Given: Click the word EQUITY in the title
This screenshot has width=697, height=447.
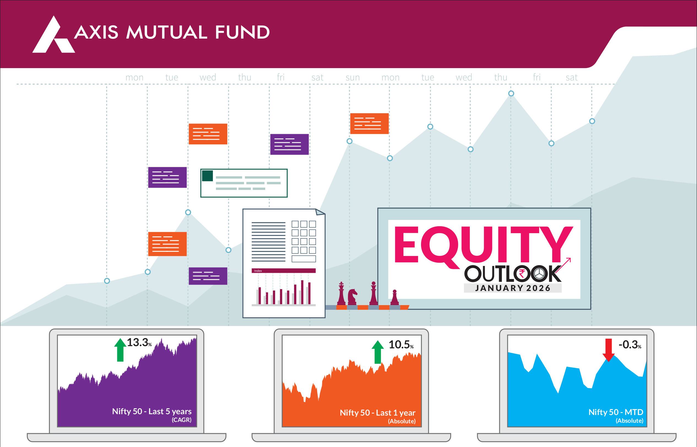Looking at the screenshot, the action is pyautogui.click(x=484, y=245).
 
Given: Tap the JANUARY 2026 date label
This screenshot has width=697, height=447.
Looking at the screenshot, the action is pyautogui.click(x=512, y=288).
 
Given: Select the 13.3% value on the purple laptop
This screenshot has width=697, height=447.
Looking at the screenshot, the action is pyautogui.click(x=139, y=343).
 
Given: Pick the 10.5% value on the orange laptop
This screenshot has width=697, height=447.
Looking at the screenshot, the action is pyautogui.click(x=401, y=344).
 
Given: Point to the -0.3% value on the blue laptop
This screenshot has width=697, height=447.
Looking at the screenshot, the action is pyautogui.click(x=630, y=344).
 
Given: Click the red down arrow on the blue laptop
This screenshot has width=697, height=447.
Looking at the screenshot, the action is pyautogui.click(x=609, y=350).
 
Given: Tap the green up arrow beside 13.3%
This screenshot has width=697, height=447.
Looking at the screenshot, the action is pyautogui.click(x=120, y=350).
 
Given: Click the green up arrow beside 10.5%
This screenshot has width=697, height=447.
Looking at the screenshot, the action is pyautogui.click(x=378, y=352).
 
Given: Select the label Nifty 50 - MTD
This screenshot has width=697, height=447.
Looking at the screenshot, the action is pyautogui.click(x=616, y=412).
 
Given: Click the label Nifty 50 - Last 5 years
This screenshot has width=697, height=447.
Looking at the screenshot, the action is pyautogui.click(x=152, y=411).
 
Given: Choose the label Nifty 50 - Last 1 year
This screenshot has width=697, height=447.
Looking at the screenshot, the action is pyautogui.click(x=377, y=413).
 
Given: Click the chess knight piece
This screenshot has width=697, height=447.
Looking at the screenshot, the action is pyautogui.click(x=352, y=297).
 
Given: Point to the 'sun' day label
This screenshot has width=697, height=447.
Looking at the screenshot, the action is pyautogui.click(x=352, y=77).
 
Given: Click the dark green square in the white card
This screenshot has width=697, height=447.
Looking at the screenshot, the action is pyautogui.click(x=207, y=176).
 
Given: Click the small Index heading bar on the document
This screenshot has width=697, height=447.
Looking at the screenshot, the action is pyautogui.click(x=283, y=271).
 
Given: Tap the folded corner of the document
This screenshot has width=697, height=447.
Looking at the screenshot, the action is pyautogui.click(x=320, y=212).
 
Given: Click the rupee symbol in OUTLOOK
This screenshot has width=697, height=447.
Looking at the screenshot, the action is pyautogui.click(x=522, y=273).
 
